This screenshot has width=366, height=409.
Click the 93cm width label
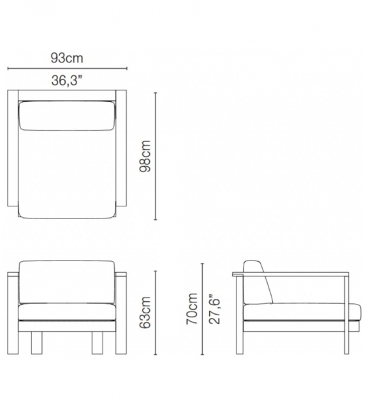click(67, 58)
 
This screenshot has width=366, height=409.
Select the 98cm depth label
click(145, 155)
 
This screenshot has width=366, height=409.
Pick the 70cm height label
click(191, 309)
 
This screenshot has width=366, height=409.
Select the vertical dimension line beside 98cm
click(157, 155)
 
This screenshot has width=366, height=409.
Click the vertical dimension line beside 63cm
click(157, 313)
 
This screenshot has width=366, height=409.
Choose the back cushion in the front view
click(68, 282)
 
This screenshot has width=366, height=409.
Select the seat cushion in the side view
click(296, 312)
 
